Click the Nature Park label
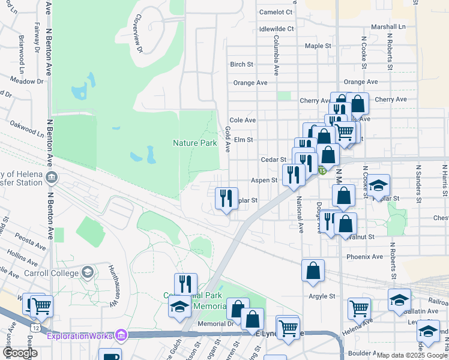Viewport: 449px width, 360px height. (x=194, y=143)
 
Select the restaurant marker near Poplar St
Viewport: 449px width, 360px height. (x=226, y=197)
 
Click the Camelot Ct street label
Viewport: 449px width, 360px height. (x=276, y=11)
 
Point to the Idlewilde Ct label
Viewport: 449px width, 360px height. (x=276, y=28)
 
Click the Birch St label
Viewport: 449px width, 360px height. (x=242, y=64)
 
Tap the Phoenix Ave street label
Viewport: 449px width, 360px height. (x=364, y=256)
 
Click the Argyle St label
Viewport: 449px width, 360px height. (x=322, y=296)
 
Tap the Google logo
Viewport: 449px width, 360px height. (x=20, y=353)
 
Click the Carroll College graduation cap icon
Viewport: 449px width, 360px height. (x=88, y=273)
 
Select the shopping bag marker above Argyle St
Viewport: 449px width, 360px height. (x=313, y=271)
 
